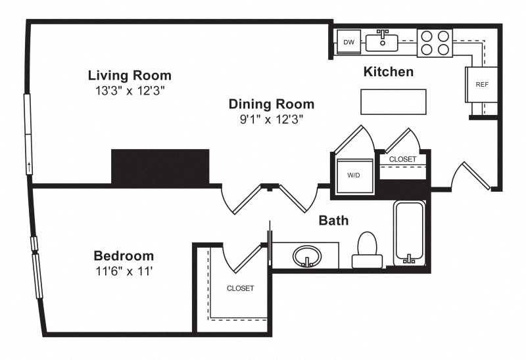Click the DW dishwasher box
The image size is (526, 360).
[x=349, y=42]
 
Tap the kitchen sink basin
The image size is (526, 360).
[x=382, y=43]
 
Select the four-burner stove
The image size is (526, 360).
[x=435, y=43]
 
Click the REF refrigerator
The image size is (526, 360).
[x=481, y=85]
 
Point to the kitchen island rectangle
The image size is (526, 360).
[x=393, y=102]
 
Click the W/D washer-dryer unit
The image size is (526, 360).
[x=354, y=175]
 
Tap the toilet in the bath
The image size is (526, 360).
[x=368, y=250]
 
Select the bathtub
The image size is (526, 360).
[x=409, y=233]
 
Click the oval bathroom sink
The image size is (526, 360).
[x=307, y=256]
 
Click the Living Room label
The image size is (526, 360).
[x=130, y=76]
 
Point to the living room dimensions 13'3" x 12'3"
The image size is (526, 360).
[x=130, y=91]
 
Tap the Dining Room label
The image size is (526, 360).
[x=272, y=104]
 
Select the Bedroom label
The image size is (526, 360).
[x=124, y=256]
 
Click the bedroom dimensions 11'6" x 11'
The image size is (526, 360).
[x=124, y=271]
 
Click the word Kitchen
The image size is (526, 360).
[x=389, y=72]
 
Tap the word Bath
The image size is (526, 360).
[x=333, y=221]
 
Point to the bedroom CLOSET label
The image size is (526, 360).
[x=240, y=288]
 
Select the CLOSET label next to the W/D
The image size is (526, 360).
[x=402, y=159]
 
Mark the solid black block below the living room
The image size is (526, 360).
[x=160, y=167]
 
